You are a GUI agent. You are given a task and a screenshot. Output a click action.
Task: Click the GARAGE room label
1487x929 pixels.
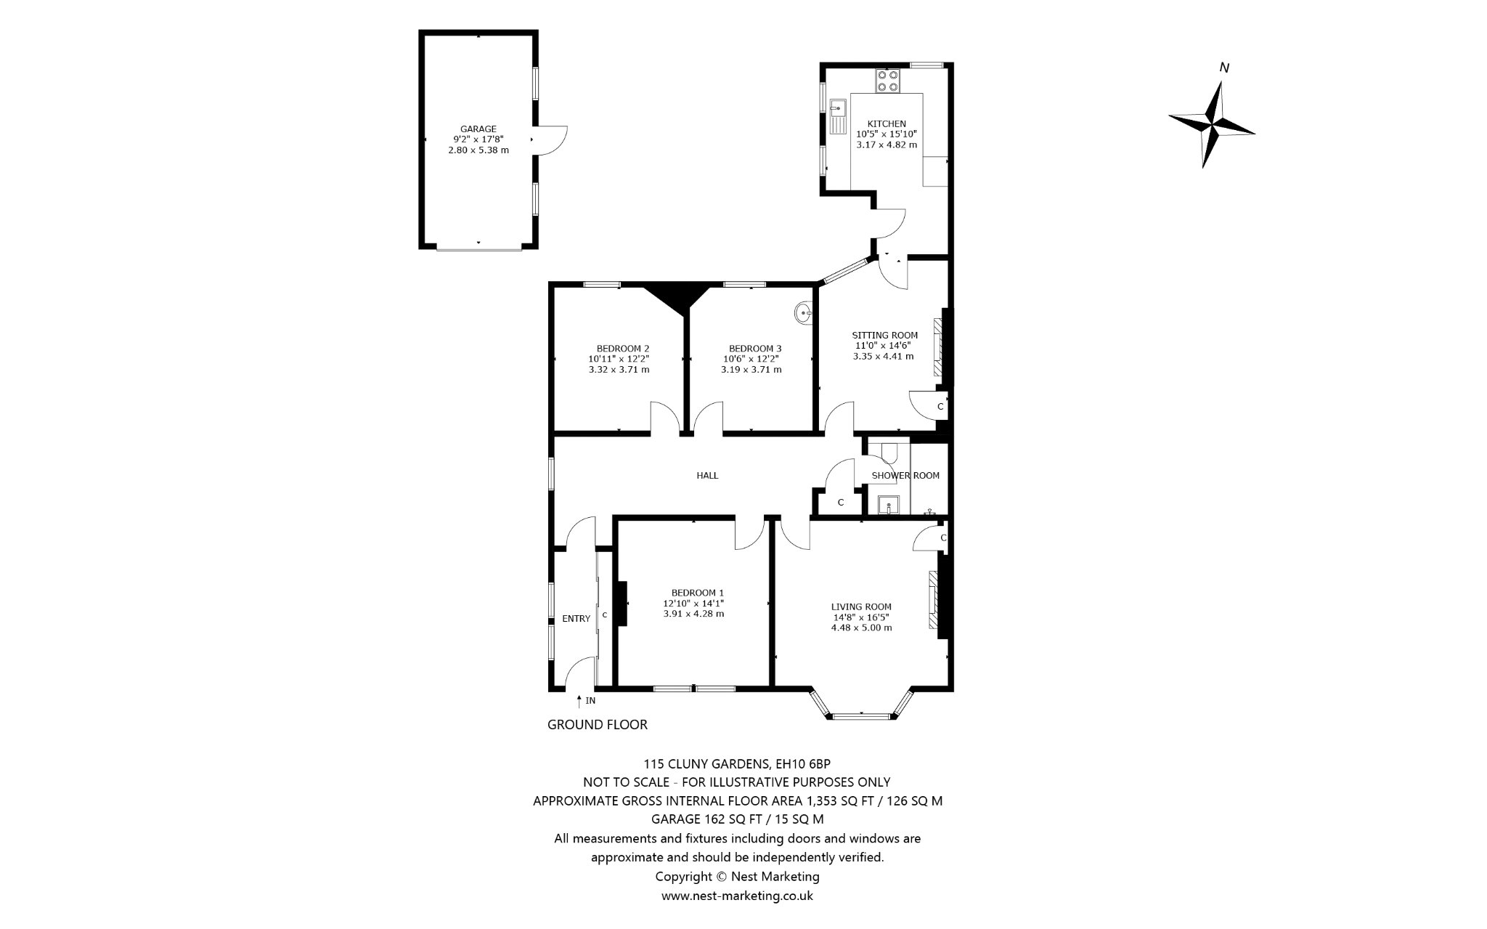(478, 129)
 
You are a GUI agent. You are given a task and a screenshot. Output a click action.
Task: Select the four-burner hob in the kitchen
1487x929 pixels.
(887, 80)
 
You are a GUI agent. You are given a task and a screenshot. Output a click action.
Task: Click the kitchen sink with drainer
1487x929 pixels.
(838, 116)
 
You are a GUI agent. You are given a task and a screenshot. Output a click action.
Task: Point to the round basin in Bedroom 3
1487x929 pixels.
(804, 313)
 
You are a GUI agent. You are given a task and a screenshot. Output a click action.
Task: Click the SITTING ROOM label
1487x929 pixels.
(884, 336)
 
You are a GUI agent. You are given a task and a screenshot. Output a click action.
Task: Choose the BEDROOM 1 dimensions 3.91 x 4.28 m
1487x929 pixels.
(693, 614)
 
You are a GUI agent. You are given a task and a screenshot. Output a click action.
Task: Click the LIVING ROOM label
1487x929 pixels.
(861, 607)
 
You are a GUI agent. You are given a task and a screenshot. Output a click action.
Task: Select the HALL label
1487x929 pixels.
(707, 476)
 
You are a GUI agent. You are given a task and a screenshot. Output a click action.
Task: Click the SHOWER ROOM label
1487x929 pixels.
(905, 476)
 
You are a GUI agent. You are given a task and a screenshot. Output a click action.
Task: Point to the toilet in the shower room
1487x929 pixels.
(887, 453)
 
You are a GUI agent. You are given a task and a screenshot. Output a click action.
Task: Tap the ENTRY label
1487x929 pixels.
(577, 619)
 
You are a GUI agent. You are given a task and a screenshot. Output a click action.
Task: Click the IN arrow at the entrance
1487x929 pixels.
(579, 701)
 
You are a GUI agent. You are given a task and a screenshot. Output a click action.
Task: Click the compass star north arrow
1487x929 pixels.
(1212, 124)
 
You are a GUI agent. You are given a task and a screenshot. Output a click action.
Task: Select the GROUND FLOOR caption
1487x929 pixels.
(597, 724)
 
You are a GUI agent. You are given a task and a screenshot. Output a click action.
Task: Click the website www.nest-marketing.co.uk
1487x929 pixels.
(737, 896)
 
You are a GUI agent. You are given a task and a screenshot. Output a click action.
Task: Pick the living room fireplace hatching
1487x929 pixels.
(933, 600)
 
